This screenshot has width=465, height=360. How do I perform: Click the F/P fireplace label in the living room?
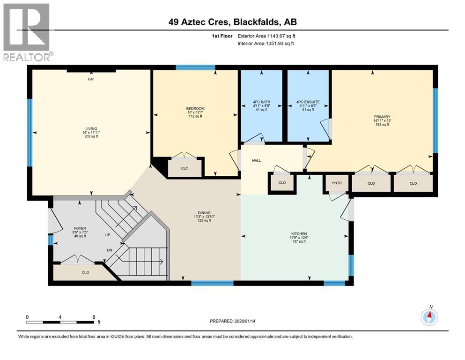(91, 80)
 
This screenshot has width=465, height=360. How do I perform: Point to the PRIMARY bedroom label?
(382, 116)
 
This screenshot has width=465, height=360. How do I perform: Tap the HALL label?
(256, 160)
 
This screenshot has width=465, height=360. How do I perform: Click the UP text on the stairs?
(107, 234)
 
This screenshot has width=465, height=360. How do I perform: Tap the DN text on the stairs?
(109, 250)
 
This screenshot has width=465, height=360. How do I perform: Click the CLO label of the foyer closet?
(85, 272)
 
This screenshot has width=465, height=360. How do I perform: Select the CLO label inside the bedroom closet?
(185, 168)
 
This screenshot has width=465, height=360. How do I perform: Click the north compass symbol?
(429, 317)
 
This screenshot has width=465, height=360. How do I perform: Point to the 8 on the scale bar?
(94, 317)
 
